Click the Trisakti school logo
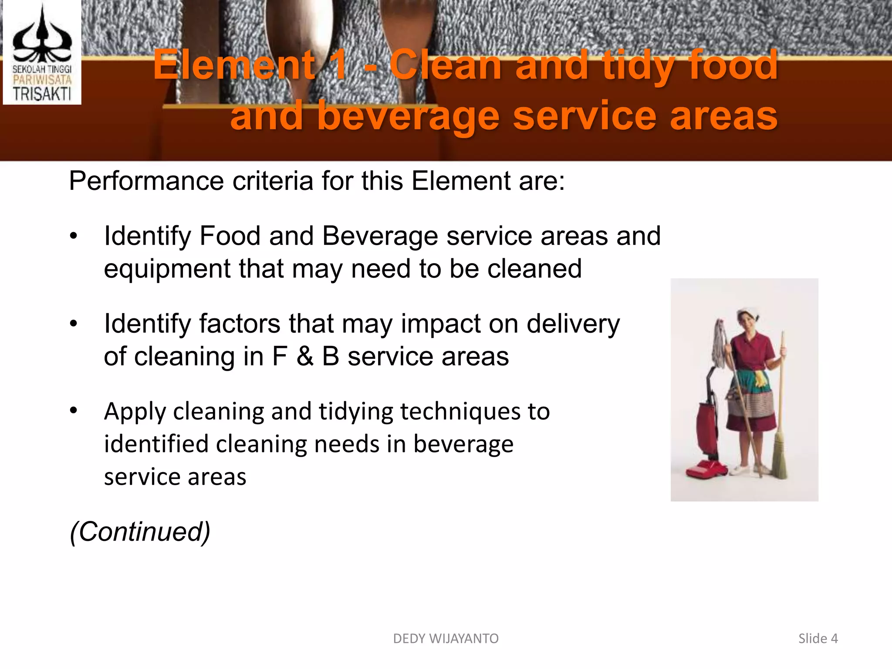coord(42,52)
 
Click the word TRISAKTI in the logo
coord(42,93)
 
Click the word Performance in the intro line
coord(146,181)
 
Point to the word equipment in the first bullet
coord(167,269)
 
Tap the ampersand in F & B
coord(305,357)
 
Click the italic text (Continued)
coord(140,532)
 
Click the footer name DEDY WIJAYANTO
coord(446,639)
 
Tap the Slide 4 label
coord(818,639)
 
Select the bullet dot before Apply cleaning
coord(74,411)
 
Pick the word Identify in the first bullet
coord(147,237)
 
